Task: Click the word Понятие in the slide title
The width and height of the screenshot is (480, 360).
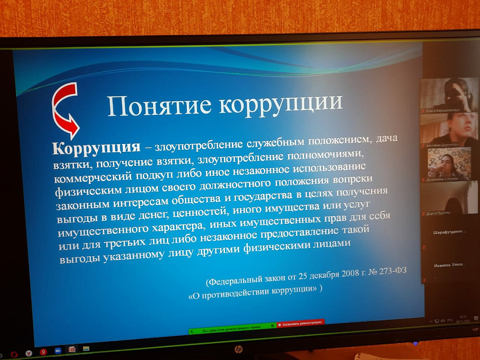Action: point(159,106)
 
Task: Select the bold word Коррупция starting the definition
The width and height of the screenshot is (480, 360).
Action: point(96,147)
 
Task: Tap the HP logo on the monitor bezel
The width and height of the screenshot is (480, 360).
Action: point(239,349)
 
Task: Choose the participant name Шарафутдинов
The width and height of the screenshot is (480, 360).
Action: point(449,232)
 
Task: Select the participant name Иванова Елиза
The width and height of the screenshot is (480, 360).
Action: point(449,265)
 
